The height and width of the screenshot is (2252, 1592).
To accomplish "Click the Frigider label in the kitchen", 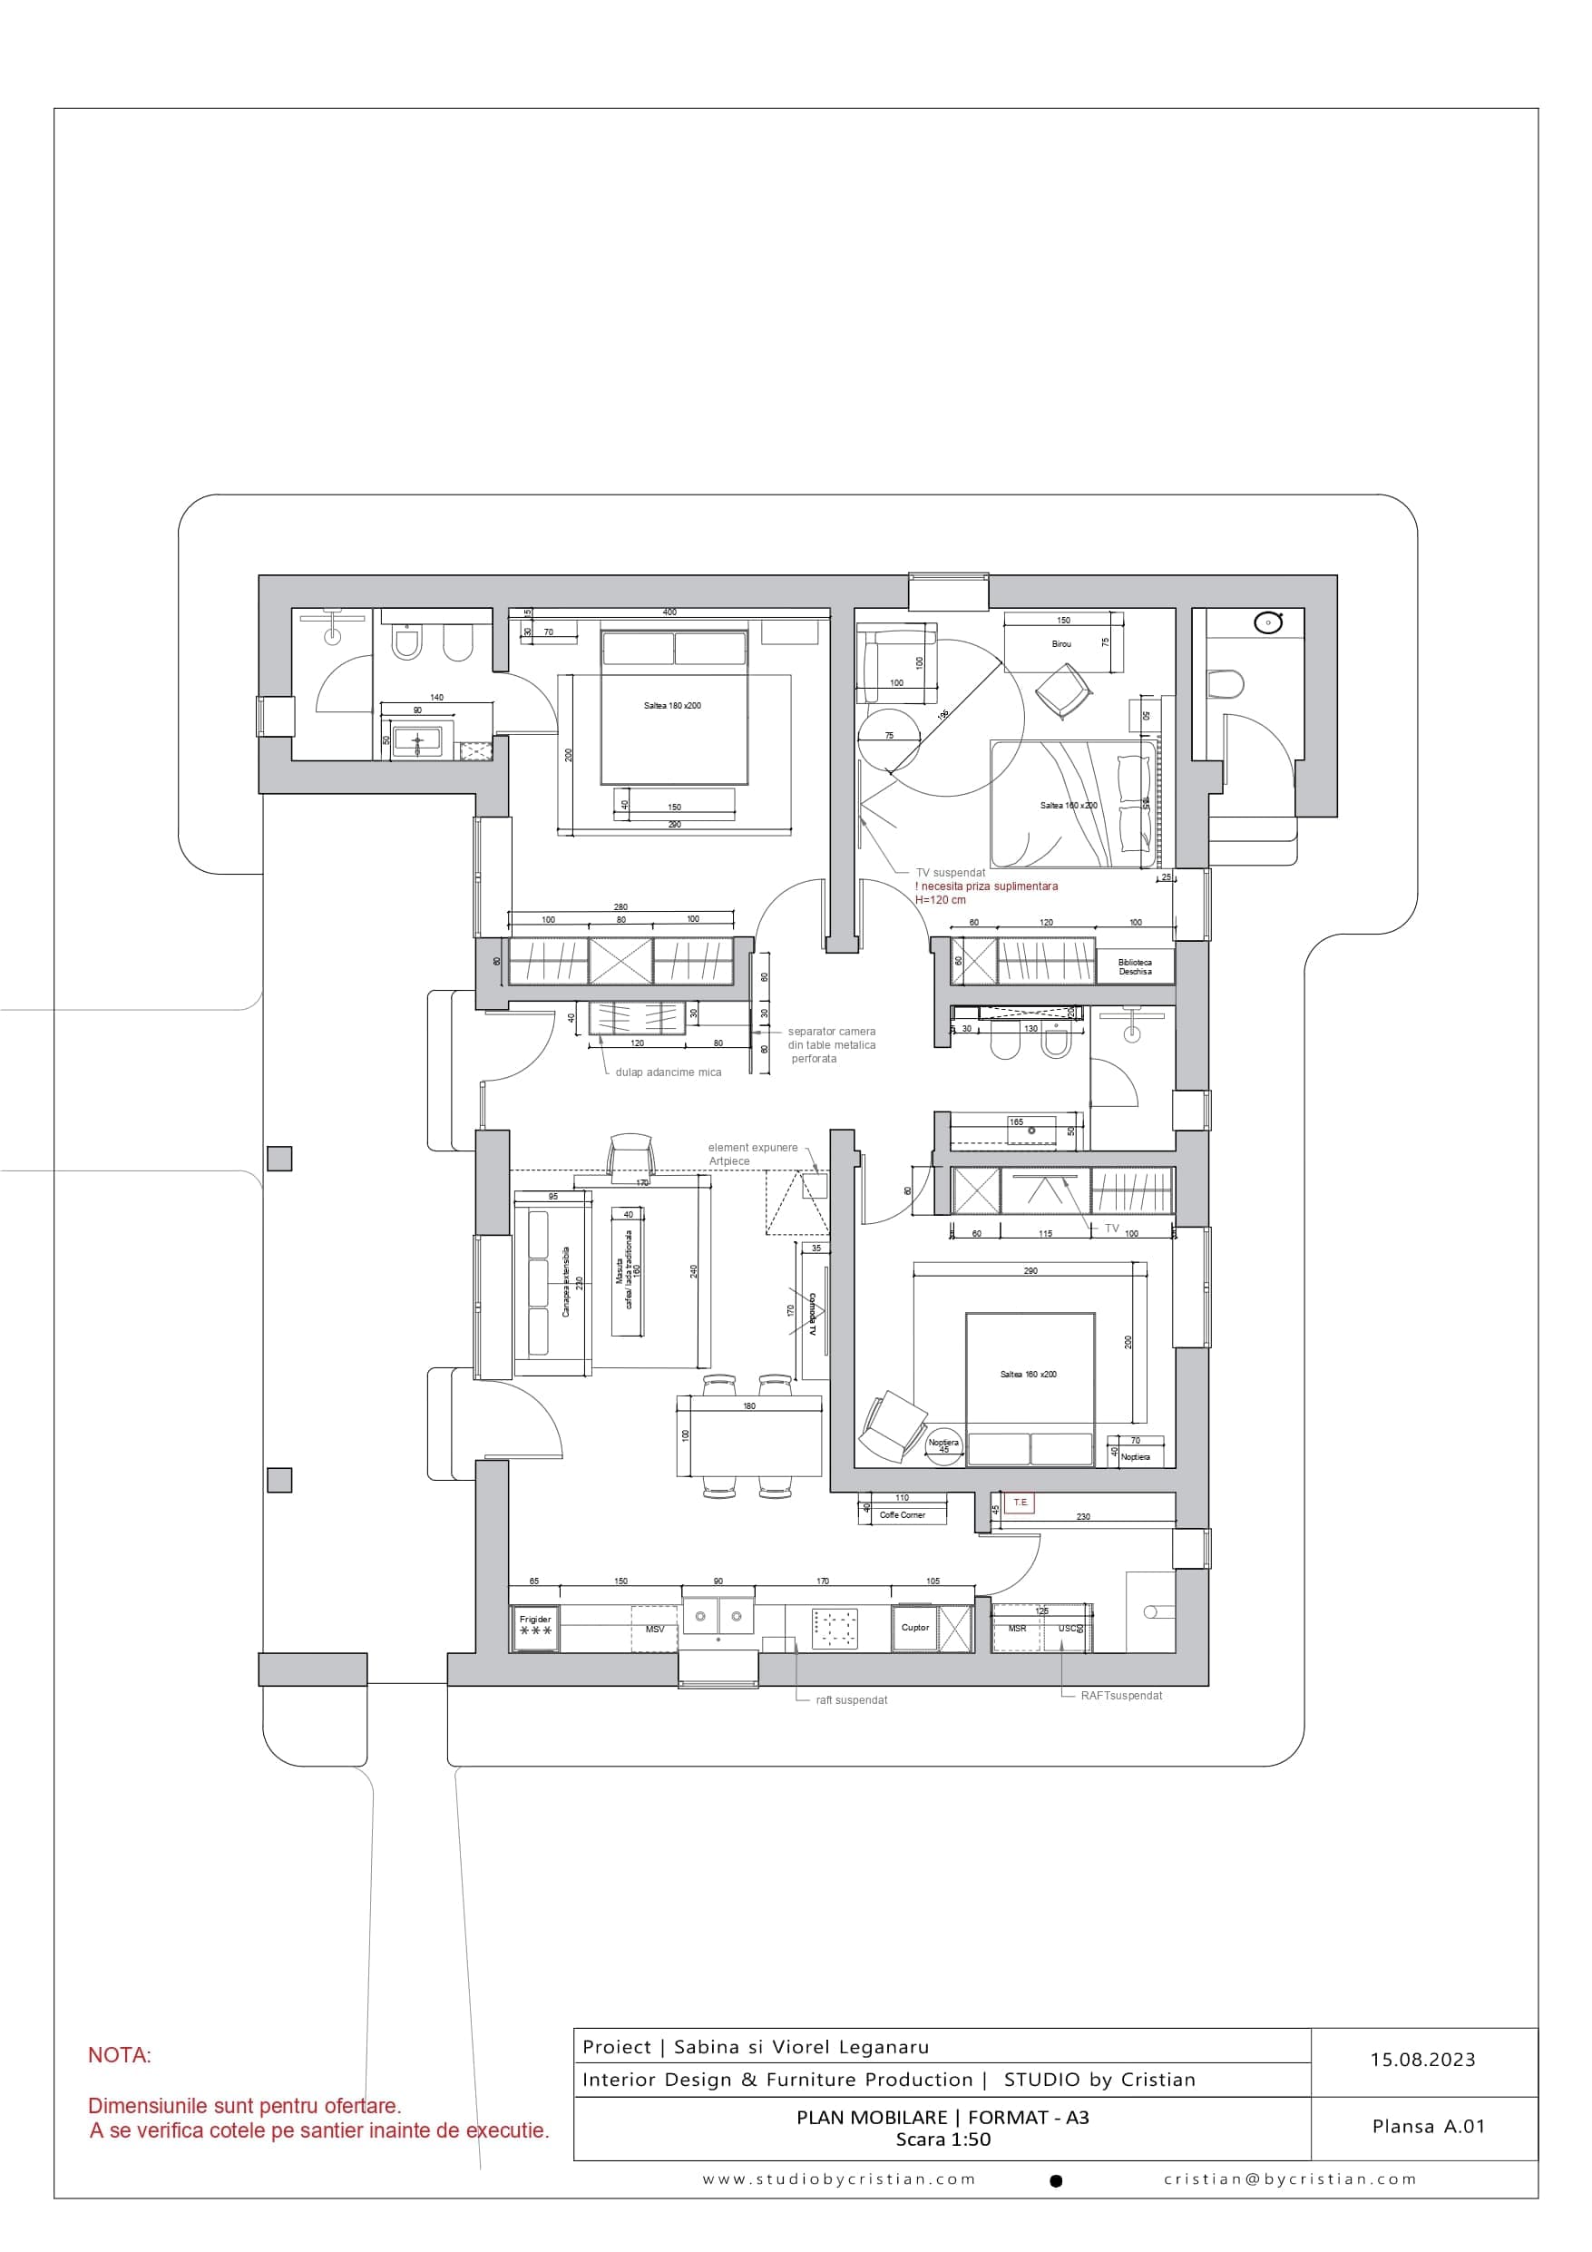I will [534, 1620].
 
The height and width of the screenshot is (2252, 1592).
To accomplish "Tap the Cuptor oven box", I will [915, 1628].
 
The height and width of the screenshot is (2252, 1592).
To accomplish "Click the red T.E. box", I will [1021, 1503].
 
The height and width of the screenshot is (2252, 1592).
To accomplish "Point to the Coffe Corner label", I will [902, 1515].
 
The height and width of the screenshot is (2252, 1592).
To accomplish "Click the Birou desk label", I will [1060, 644].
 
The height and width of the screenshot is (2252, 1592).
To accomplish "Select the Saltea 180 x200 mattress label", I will [672, 706].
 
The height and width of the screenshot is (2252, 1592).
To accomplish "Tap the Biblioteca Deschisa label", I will [1134, 967].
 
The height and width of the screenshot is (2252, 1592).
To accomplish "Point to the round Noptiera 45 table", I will [943, 1445].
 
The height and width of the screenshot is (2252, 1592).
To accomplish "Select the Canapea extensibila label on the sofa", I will [566, 1281].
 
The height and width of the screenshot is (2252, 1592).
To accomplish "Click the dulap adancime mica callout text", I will [668, 1073].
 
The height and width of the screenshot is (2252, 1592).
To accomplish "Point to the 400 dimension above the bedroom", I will [669, 612].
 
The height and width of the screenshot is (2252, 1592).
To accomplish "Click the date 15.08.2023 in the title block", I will [1422, 2061].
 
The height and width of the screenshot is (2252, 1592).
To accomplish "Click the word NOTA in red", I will [120, 2056].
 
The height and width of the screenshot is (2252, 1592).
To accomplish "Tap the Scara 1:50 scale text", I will [943, 2140].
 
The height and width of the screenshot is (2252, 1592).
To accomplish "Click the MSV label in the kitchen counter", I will [654, 1630].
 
